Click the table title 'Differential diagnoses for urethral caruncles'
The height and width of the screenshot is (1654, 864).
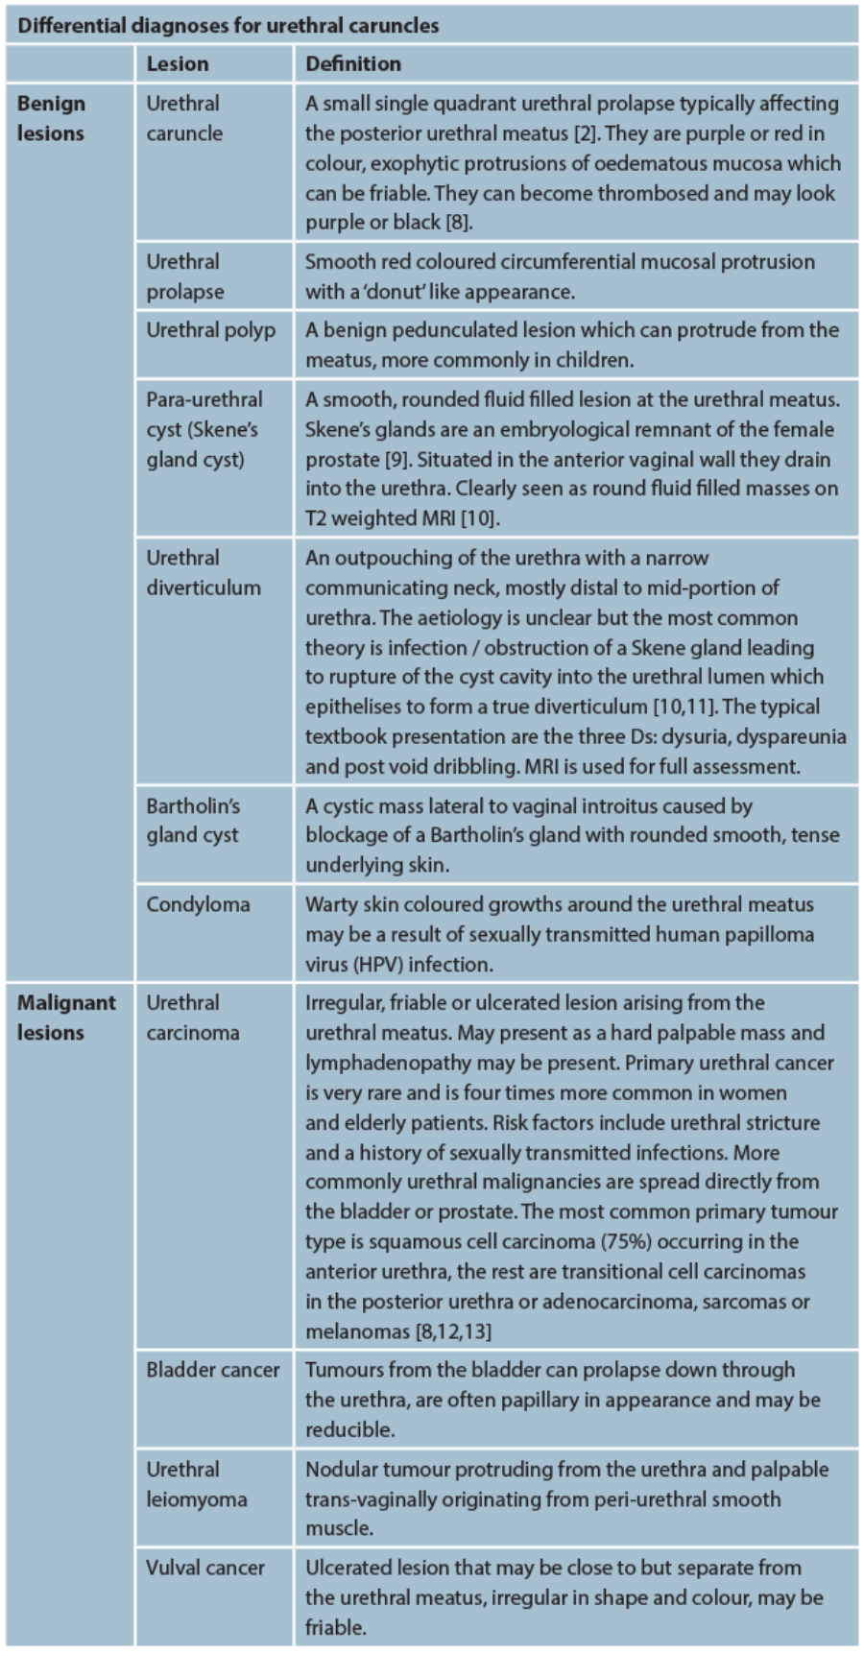point(228,25)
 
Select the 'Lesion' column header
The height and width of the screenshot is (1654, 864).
point(177,64)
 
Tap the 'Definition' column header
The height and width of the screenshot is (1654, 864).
point(352,64)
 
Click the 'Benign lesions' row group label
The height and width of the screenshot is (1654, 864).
point(51,118)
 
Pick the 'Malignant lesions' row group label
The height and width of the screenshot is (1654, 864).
point(65,1018)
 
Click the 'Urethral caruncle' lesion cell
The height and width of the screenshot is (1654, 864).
point(183,118)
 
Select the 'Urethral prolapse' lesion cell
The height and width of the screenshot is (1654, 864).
point(184,276)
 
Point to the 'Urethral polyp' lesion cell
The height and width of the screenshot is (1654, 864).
point(210,330)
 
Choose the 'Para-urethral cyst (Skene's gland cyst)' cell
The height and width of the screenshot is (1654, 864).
point(204,429)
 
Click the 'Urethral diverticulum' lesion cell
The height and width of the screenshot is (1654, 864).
point(203,572)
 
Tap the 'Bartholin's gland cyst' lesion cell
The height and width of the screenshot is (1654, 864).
point(193,821)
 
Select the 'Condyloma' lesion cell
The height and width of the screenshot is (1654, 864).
point(198,904)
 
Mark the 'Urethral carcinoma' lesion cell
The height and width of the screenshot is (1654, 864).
point(192,1018)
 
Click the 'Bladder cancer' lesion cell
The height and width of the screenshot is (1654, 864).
point(212,1370)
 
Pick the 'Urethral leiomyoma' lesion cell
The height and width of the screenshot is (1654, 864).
point(196,1484)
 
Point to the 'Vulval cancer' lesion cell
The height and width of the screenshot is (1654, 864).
point(204,1568)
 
